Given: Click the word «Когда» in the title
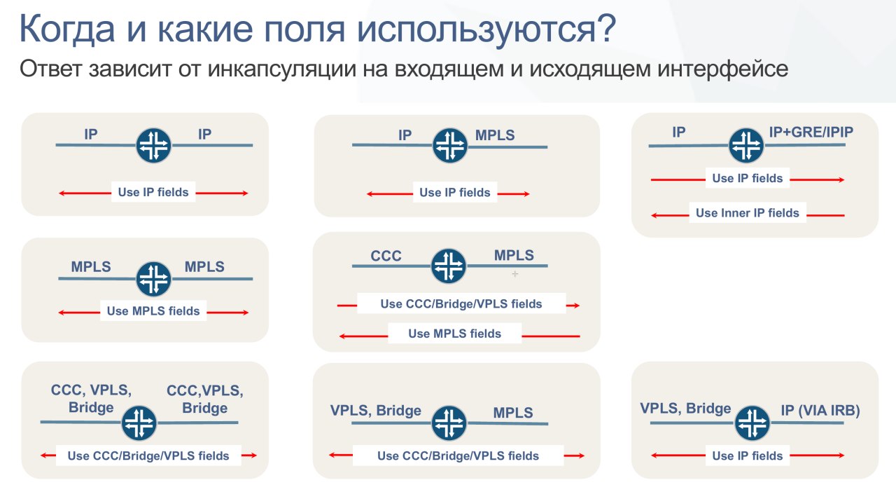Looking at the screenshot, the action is pyautogui.click(x=67, y=29).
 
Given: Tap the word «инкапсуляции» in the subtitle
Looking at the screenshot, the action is pyautogui.click(x=282, y=69).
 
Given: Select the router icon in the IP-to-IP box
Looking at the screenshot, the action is pyautogui.click(x=153, y=145).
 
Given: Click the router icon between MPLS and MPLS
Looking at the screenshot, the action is pyautogui.click(x=153, y=279).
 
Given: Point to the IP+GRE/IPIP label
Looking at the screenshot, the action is pyautogui.click(x=811, y=132).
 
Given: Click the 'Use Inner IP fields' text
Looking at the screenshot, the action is pyautogui.click(x=747, y=212).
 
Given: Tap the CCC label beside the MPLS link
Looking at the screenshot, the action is pyautogui.click(x=386, y=256).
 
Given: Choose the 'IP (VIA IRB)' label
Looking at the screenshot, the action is pyautogui.click(x=820, y=410).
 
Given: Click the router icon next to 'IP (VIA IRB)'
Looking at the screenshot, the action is pyautogui.click(x=752, y=423).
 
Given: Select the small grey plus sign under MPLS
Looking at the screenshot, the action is pyautogui.click(x=515, y=274).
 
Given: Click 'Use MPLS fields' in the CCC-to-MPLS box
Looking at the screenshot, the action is pyautogui.click(x=454, y=333).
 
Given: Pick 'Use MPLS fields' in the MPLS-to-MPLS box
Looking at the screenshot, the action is pyautogui.click(x=153, y=310).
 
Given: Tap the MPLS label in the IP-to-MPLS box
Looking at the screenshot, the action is pyautogui.click(x=495, y=135).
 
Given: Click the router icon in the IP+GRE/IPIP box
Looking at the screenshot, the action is pyautogui.click(x=746, y=145).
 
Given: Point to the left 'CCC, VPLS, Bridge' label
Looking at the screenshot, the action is pyautogui.click(x=91, y=399).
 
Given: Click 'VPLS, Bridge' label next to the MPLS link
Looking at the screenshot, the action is pyautogui.click(x=376, y=411).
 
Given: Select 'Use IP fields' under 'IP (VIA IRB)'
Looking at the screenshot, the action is pyautogui.click(x=747, y=456).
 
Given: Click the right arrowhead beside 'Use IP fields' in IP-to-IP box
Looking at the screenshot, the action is pyautogui.click(x=245, y=193).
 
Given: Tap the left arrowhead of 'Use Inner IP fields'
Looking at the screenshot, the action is pyautogui.click(x=654, y=215).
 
